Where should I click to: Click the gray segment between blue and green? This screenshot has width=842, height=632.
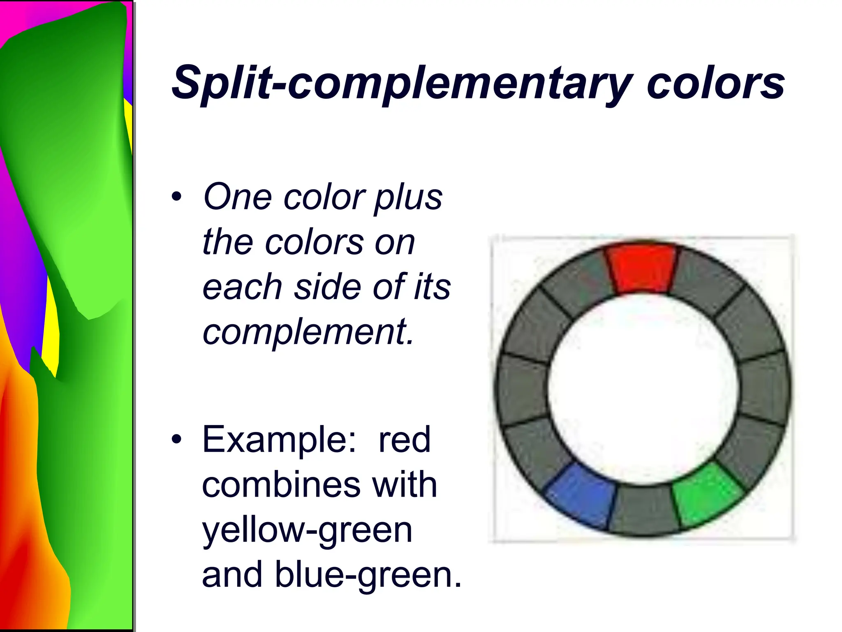[x=644, y=510]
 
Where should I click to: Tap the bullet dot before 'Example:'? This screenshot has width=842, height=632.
[x=176, y=439]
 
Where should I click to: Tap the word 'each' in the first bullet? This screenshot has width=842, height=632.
[x=242, y=286]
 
